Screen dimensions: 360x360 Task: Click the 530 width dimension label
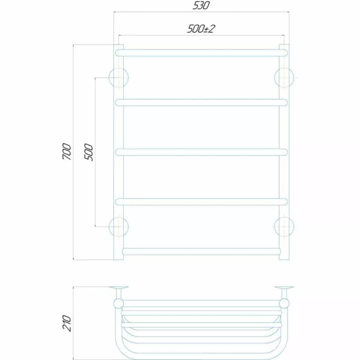point(201,5)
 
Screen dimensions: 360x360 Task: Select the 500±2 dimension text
point(201,29)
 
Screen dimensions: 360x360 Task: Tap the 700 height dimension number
point(67,152)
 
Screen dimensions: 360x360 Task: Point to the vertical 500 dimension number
point(89,153)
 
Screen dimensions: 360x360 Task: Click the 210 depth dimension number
point(67,323)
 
